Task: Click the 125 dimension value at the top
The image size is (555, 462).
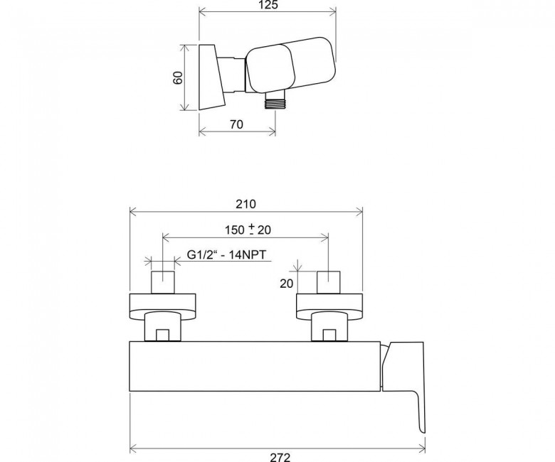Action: click(268, 4)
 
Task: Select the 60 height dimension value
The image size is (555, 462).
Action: click(178, 77)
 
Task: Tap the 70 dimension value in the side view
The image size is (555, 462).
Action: click(236, 124)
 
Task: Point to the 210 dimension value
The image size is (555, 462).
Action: click(245, 204)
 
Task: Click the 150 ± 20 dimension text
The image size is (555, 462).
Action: click(248, 230)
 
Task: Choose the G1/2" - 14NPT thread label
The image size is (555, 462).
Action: click(226, 254)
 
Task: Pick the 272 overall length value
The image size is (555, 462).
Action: click(280, 458)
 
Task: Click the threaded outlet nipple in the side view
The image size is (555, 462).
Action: click(275, 102)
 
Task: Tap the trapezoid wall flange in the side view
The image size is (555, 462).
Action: click(212, 77)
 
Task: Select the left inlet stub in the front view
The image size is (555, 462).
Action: click(163, 282)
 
